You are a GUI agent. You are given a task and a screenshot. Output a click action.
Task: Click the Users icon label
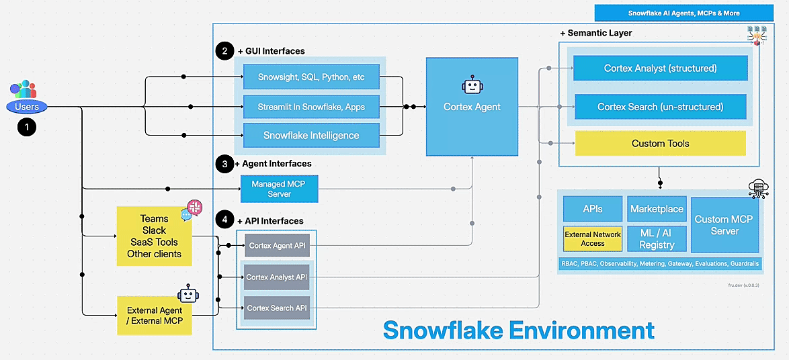(x=27, y=107)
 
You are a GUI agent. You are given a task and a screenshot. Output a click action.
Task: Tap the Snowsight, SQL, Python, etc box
(x=311, y=77)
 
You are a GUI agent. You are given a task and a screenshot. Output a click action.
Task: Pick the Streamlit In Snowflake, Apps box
(x=311, y=107)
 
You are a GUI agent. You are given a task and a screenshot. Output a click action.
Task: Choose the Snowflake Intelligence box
(x=311, y=135)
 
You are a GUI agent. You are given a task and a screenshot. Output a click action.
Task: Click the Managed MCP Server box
(x=279, y=189)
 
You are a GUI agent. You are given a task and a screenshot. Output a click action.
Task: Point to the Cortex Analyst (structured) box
(x=660, y=68)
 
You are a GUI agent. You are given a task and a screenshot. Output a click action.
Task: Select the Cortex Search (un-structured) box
(x=660, y=107)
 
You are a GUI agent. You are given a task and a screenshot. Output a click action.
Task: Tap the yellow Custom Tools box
(x=660, y=143)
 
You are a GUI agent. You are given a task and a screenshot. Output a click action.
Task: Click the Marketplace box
(x=657, y=209)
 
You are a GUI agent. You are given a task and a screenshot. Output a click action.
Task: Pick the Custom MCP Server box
(x=724, y=224)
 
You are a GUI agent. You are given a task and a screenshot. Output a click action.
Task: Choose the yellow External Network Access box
(x=593, y=238)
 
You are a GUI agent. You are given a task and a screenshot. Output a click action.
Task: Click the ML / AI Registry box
(x=657, y=239)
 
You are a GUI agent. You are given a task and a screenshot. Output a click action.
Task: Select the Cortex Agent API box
(x=277, y=246)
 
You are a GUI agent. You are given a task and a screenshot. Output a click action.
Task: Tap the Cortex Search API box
(x=277, y=308)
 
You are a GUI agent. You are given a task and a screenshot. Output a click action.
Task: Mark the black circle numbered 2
(x=223, y=51)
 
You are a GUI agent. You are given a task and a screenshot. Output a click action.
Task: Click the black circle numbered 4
(x=223, y=220)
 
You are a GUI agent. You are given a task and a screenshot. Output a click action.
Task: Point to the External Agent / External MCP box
(x=155, y=316)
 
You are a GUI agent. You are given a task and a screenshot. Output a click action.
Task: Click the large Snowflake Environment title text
(x=518, y=330)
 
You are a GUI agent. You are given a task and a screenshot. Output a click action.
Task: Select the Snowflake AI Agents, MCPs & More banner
(x=683, y=13)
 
